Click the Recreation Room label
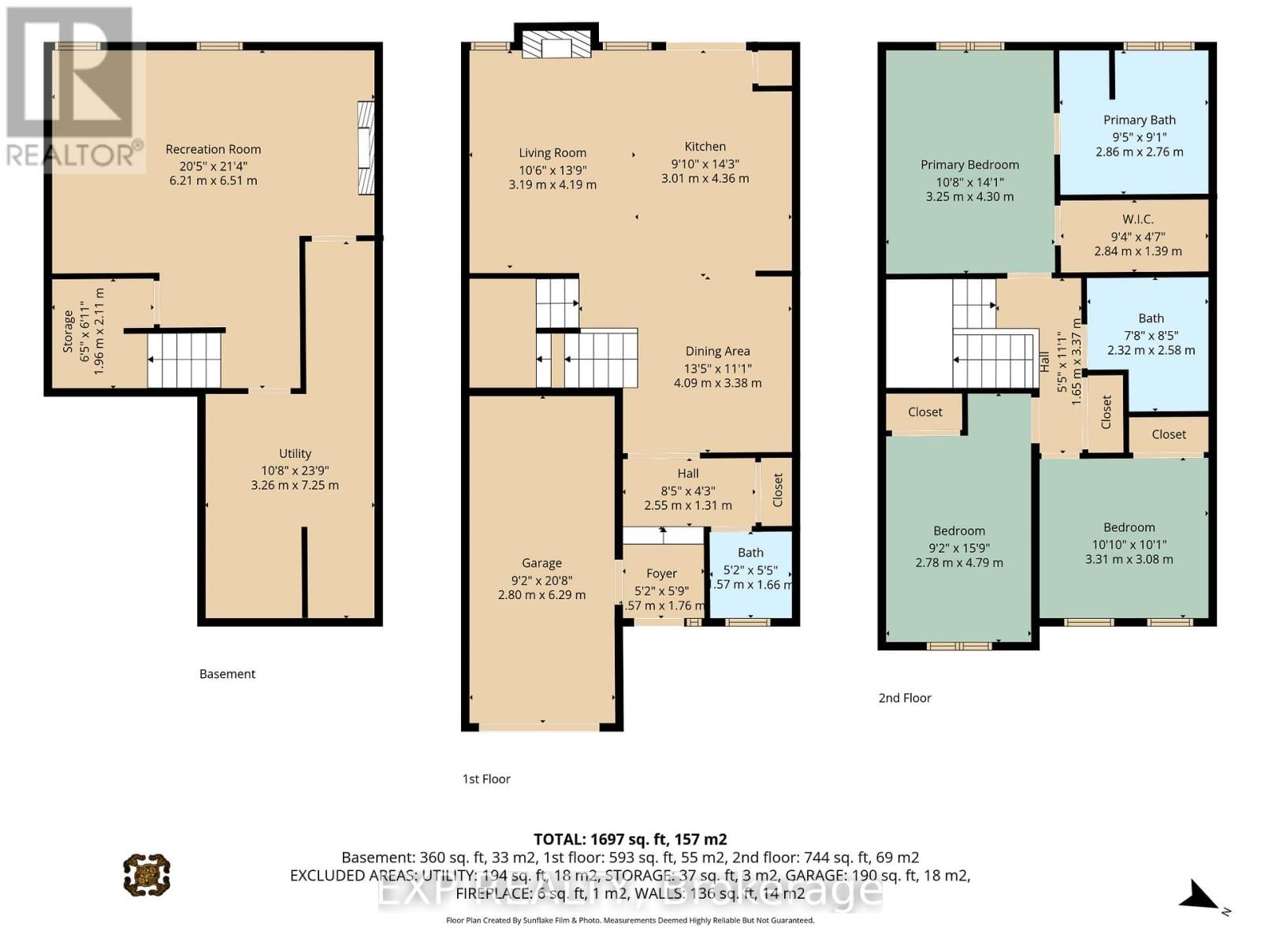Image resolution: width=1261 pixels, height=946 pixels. [x=213, y=149]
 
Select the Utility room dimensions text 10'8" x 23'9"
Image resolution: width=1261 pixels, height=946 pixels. [x=295, y=470]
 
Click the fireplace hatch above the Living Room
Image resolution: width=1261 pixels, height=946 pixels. [x=556, y=45]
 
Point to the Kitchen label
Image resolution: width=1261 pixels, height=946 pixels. [x=705, y=147]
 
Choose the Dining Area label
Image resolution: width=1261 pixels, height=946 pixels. [x=717, y=352]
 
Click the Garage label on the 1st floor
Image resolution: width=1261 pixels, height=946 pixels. [x=541, y=563]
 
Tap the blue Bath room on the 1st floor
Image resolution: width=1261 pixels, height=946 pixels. [x=750, y=575]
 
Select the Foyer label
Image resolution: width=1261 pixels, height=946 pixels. [x=661, y=574]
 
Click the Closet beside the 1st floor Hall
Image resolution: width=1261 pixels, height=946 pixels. [x=777, y=490]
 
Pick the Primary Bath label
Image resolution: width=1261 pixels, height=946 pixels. [x=1139, y=120]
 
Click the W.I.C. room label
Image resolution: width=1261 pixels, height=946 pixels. [x=1137, y=219]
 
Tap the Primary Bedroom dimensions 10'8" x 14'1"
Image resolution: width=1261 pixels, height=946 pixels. [x=969, y=181]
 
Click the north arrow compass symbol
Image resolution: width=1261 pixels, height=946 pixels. [x=1201, y=897]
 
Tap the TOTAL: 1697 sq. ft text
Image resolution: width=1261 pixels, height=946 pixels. [x=630, y=840]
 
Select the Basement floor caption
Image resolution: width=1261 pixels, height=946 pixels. [x=227, y=674]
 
